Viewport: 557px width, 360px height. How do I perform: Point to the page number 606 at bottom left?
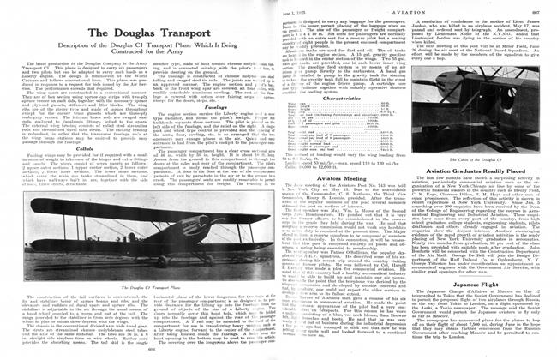click(x=141, y=351)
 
